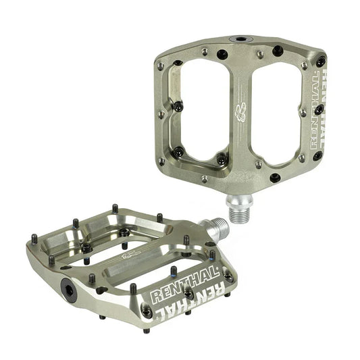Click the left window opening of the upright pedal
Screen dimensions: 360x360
pos(203,108)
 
